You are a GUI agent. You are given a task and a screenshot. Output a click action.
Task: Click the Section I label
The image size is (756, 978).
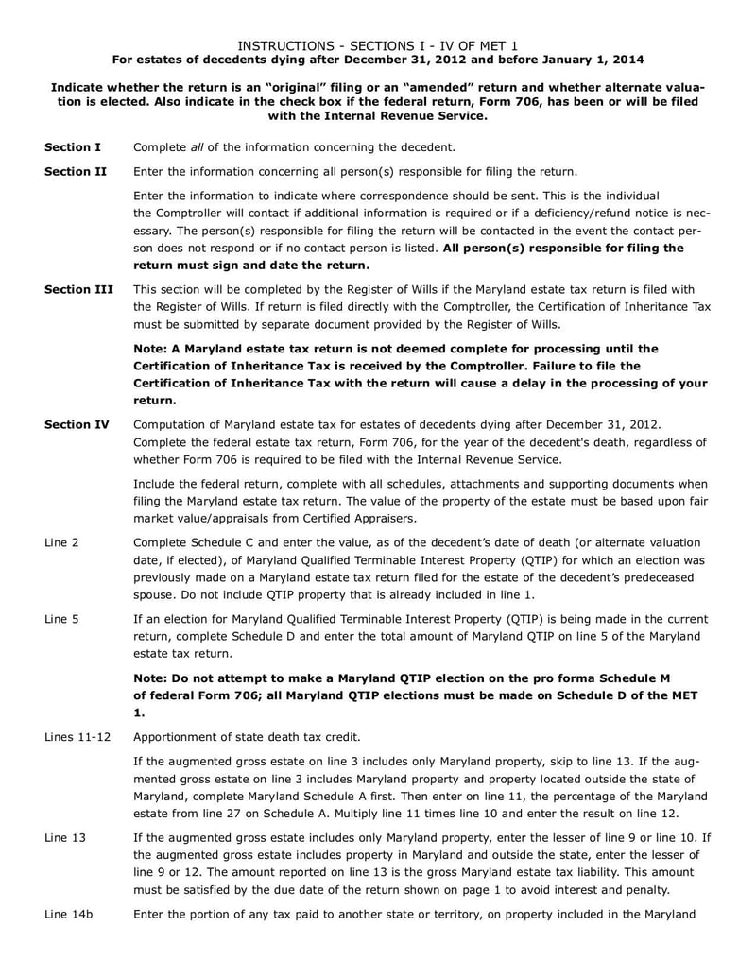tap(73, 147)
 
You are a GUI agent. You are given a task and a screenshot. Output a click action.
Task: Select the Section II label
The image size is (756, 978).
tap(76, 171)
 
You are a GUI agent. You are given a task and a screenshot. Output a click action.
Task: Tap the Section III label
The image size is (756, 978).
tap(78, 289)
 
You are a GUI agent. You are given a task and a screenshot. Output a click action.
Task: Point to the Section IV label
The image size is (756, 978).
tap(77, 425)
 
